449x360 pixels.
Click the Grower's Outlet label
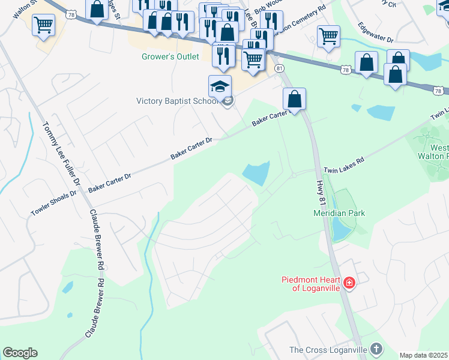170,58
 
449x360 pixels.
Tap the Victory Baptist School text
176,101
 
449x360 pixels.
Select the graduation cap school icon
220,86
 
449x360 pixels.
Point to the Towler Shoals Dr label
55,203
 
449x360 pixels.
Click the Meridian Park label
339,213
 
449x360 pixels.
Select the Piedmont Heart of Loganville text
312,284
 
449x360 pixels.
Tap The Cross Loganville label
328,350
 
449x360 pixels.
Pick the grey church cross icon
376,349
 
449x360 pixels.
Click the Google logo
20,353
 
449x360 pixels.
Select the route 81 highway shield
279,69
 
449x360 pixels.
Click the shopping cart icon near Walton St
44,25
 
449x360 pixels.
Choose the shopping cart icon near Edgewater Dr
328,36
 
